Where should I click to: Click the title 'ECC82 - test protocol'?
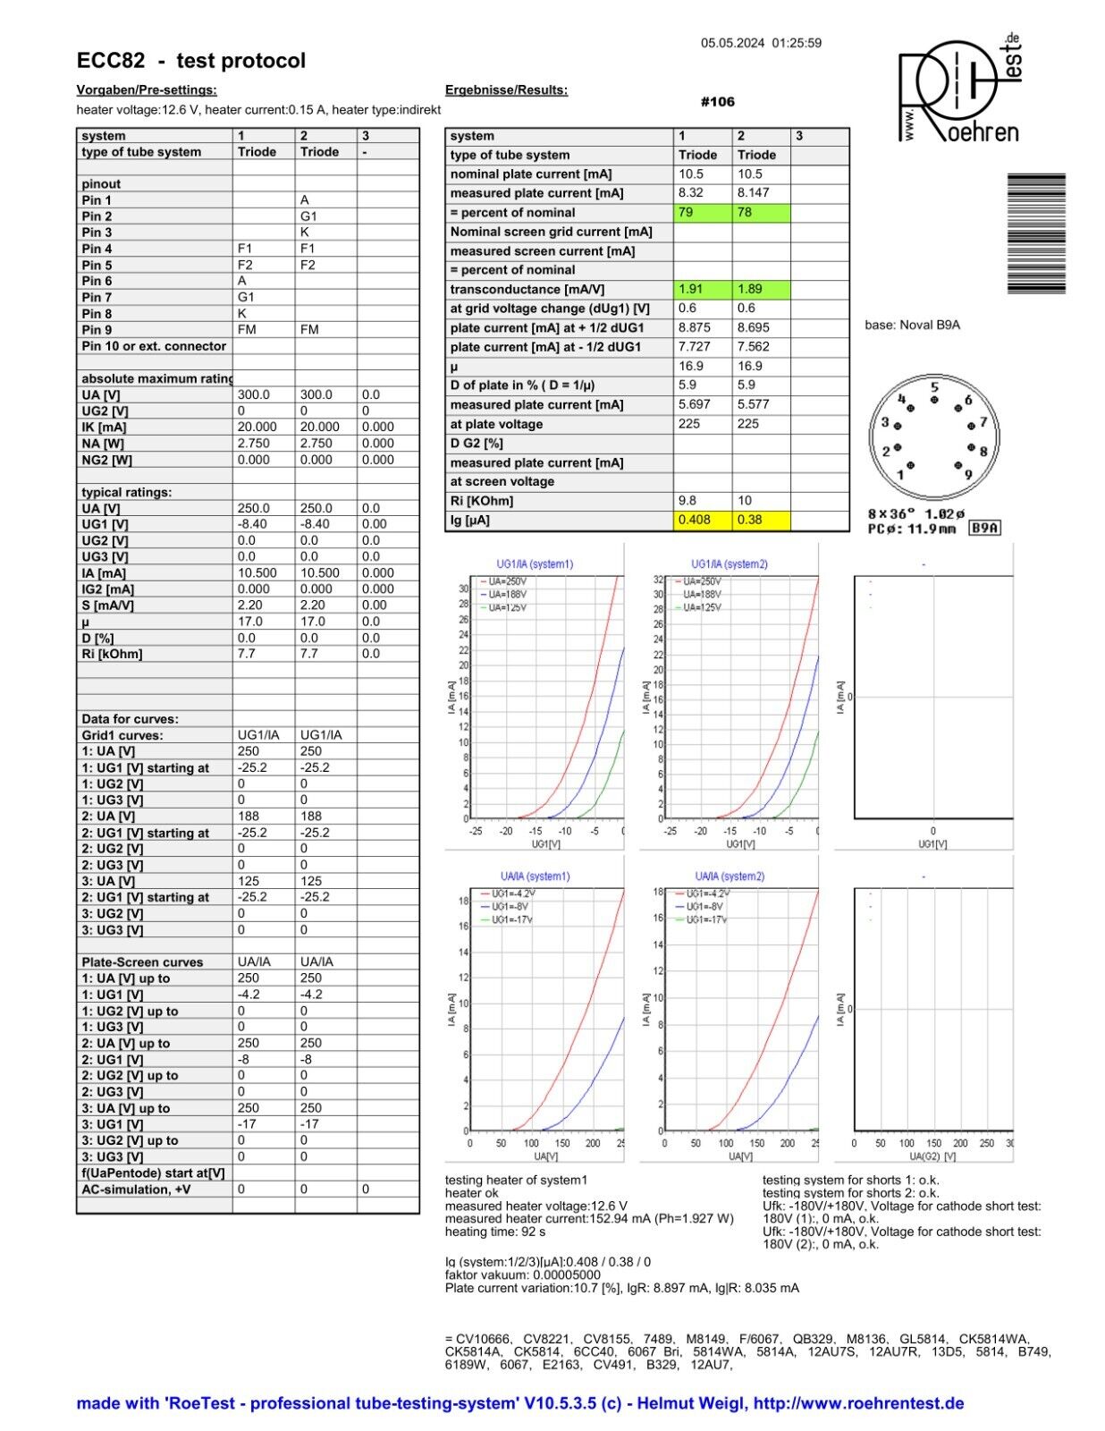coord(191,61)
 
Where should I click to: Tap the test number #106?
coord(717,102)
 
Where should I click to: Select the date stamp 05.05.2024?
coord(733,43)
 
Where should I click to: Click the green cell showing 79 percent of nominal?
coord(703,213)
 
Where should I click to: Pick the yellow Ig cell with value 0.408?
coord(703,520)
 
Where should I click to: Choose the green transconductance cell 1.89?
coord(761,289)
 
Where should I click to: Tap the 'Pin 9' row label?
coord(97,330)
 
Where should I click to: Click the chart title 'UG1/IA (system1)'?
coord(535,564)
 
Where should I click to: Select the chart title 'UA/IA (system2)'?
coord(730,876)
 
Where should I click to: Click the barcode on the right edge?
coord(1036,233)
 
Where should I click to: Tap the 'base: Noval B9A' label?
coord(912,326)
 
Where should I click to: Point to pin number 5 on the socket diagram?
coord(934,388)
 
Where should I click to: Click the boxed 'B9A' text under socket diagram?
coord(985,529)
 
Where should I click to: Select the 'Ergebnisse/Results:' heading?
coord(506,90)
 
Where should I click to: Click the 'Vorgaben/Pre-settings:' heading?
coord(147,90)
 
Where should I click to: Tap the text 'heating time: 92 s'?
coord(495,1232)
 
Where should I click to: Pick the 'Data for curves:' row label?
coord(130,719)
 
